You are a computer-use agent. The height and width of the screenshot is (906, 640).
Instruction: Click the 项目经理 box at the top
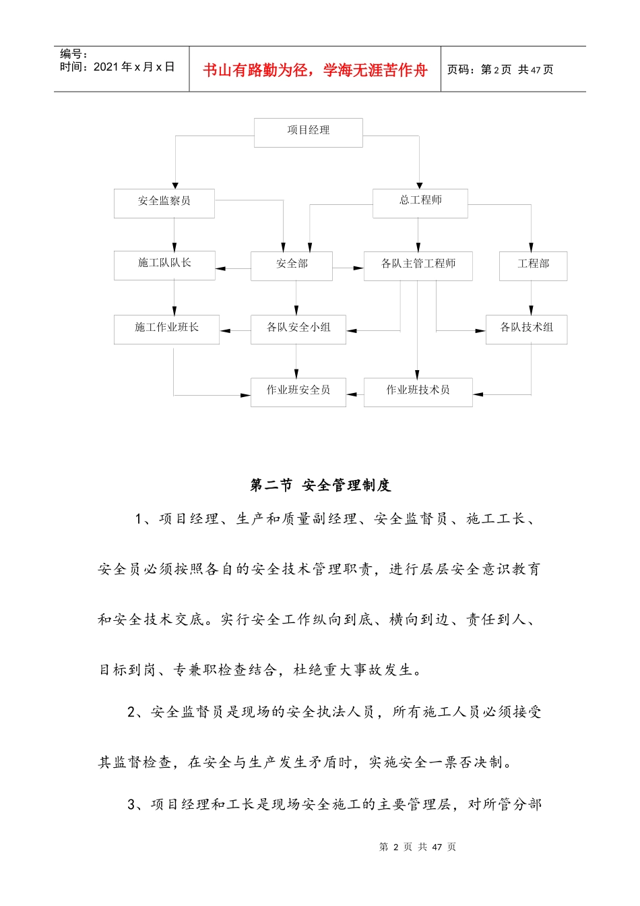click(308, 132)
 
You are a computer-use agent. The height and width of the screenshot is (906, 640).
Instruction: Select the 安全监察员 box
click(164, 203)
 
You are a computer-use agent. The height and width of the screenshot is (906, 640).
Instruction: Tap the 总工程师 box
click(420, 202)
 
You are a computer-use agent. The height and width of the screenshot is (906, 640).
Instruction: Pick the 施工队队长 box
click(164, 265)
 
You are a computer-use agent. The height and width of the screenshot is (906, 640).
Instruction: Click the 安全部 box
click(291, 266)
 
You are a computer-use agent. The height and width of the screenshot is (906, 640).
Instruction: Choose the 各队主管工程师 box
click(418, 266)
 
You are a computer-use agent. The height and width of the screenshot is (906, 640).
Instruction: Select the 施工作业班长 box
click(166, 329)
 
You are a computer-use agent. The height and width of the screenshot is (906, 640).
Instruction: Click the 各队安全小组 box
click(298, 329)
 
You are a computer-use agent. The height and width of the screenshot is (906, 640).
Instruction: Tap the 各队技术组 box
click(526, 329)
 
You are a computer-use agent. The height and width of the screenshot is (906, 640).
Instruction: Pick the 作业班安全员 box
click(298, 392)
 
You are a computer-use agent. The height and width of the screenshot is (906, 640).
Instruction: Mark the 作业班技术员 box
click(418, 392)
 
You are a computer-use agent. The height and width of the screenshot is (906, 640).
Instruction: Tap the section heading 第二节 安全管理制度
click(320, 485)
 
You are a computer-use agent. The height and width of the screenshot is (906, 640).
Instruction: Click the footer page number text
click(417, 847)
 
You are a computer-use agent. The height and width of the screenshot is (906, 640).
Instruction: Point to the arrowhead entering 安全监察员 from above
click(175, 185)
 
